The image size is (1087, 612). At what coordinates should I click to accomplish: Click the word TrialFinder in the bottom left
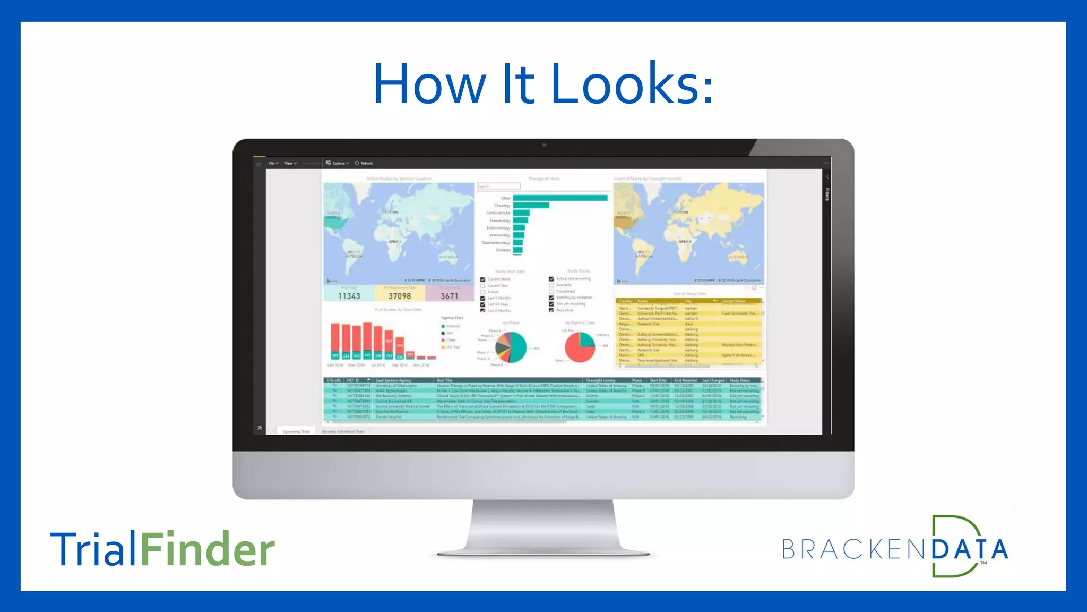click(x=162, y=549)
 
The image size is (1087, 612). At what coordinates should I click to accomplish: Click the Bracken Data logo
click(x=895, y=547)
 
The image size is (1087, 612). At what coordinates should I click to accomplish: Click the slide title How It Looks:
click(x=543, y=84)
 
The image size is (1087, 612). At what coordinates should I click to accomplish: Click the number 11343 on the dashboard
click(x=349, y=296)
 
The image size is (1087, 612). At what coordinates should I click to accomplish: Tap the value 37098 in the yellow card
click(x=399, y=296)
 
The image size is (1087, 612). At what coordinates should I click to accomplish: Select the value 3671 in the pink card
click(x=449, y=296)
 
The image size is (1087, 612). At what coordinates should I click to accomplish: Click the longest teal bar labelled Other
click(x=560, y=198)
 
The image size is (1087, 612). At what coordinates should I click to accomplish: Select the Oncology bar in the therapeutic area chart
click(x=531, y=205)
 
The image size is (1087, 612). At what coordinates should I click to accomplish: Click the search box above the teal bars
click(x=498, y=186)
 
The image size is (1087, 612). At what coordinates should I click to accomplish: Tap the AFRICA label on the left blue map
click(x=394, y=242)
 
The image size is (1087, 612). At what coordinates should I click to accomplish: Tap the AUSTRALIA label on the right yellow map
click(x=738, y=257)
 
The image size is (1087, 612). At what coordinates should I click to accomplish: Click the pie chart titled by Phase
click(x=511, y=347)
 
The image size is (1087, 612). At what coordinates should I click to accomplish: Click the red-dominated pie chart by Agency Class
click(x=580, y=347)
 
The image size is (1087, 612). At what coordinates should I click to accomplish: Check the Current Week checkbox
click(x=483, y=279)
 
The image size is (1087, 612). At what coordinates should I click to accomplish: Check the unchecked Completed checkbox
click(x=551, y=291)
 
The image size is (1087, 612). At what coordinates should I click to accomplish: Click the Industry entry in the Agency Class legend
click(x=451, y=326)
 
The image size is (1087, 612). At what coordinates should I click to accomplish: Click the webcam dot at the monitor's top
click(x=543, y=144)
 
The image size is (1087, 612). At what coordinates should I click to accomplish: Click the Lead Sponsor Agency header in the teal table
click(x=393, y=380)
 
